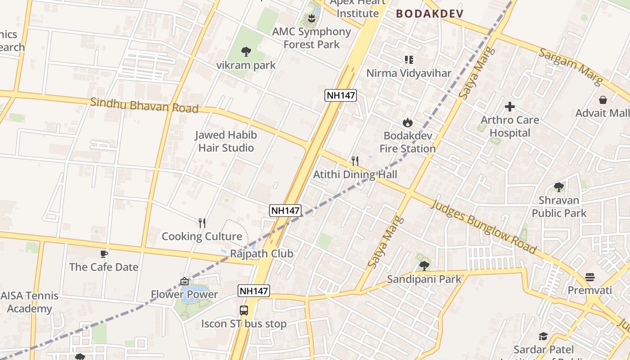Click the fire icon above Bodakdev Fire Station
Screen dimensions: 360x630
[x=408, y=122]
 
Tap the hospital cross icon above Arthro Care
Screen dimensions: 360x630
[x=510, y=107]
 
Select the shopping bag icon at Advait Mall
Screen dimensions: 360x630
[x=603, y=100]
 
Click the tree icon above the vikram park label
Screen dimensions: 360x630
[x=246, y=52]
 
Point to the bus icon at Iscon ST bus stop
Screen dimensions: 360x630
[x=243, y=310]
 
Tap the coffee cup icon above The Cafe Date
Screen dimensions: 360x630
[x=104, y=254]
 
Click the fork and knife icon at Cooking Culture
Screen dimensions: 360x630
[x=202, y=223]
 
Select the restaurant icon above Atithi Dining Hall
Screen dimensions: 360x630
[x=355, y=161]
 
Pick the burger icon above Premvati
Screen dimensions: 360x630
[x=590, y=277]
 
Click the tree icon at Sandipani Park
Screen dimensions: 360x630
[x=424, y=266]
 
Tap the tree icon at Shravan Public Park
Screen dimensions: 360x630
[x=559, y=187]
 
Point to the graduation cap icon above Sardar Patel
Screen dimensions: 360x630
[x=544, y=337]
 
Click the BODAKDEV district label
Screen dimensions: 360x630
[x=430, y=14]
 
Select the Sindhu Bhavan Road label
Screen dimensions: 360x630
[x=144, y=105]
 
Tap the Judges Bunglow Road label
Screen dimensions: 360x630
[x=484, y=227]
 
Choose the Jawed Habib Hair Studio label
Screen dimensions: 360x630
[x=226, y=141]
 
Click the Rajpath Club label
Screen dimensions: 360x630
[x=262, y=254]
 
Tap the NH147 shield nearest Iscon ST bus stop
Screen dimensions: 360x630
[x=254, y=291]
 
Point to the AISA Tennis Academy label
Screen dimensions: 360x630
[x=30, y=302]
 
